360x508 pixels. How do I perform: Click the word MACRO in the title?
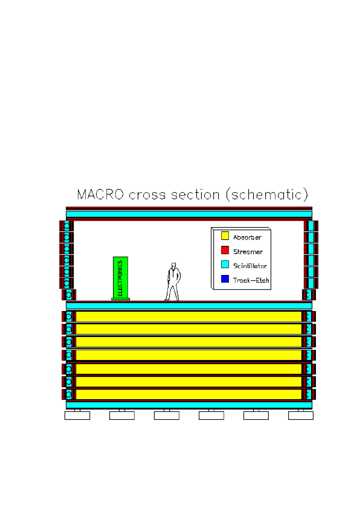[x=101, y=195]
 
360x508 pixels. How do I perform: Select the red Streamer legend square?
[x=225, y=250]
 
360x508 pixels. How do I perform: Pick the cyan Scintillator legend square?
[x=225, y=264]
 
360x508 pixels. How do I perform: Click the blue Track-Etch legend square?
[x=225, y=279]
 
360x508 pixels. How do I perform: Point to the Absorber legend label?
[x=247, y=237]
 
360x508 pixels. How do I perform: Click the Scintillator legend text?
[x=250, y=266]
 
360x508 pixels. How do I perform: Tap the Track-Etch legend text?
[x=251, y=280]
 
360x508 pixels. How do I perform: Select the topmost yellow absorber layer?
[x=189, y=316]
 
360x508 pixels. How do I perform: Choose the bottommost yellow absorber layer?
[x=189, y=394]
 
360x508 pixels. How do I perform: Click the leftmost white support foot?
[x=77, y=415]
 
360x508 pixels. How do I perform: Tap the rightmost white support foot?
[x=301, y=415]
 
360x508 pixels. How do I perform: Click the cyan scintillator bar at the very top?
[x=189, y=214]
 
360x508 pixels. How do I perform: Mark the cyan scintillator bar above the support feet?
[x=189, y=404]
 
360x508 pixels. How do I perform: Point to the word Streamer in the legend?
[x=248, y=252]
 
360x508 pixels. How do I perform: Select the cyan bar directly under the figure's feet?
[x=189, y=305]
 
